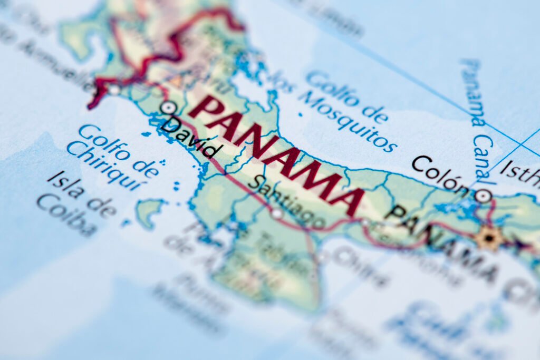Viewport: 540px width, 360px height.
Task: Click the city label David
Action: tap(189, 138)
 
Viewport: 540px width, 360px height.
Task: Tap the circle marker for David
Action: tap(168, 108)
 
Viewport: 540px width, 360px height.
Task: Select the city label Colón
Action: tap(440, 173)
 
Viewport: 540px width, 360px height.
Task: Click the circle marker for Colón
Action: tap(483, 196)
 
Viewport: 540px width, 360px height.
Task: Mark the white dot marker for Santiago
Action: tap(277, 213)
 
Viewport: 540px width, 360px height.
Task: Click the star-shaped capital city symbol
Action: tap(489, 238)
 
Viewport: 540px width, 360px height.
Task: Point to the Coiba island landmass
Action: tap(149, 211)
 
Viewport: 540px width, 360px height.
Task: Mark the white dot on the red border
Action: tap(113, 90)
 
